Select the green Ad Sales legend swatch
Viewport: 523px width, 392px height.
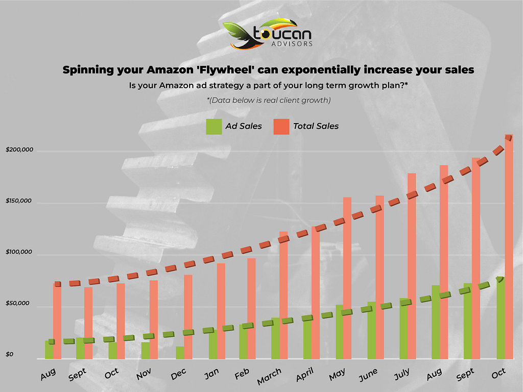coord(213,126)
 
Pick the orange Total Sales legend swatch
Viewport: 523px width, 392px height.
coord(281,126)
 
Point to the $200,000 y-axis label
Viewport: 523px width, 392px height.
coord(19,150)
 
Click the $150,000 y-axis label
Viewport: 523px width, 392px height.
coord(19,201)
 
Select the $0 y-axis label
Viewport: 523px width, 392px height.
coord(10,355)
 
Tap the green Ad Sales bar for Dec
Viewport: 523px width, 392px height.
coord(180,353)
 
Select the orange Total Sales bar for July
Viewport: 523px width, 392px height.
coord(412,265)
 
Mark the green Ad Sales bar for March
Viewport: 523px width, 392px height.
coord(275,338)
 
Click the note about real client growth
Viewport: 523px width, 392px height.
coord(269,100)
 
